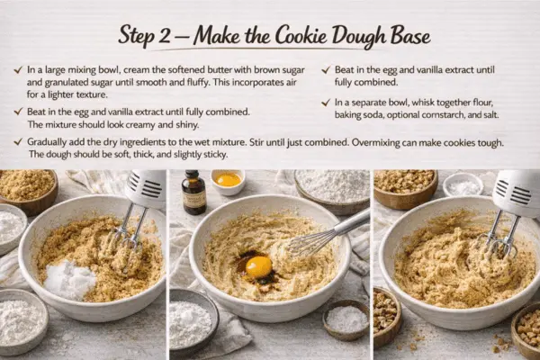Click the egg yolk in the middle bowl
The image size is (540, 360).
coord(258,265)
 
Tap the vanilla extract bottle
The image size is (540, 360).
coord(193,192)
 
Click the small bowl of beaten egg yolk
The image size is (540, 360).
coord(228,182)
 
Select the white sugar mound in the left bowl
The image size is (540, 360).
coord(70,279)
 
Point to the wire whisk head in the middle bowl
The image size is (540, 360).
coord(308,243)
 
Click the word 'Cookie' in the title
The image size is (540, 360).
coord(301,36)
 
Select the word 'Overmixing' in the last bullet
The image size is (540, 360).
coord(375,142)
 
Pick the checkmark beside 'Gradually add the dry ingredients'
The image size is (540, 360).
coord(18,141)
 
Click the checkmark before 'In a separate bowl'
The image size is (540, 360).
coord(326,103)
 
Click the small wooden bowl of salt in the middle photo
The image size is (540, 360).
coord(346,319)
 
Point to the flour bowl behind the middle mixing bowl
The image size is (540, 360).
coord(332,189)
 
